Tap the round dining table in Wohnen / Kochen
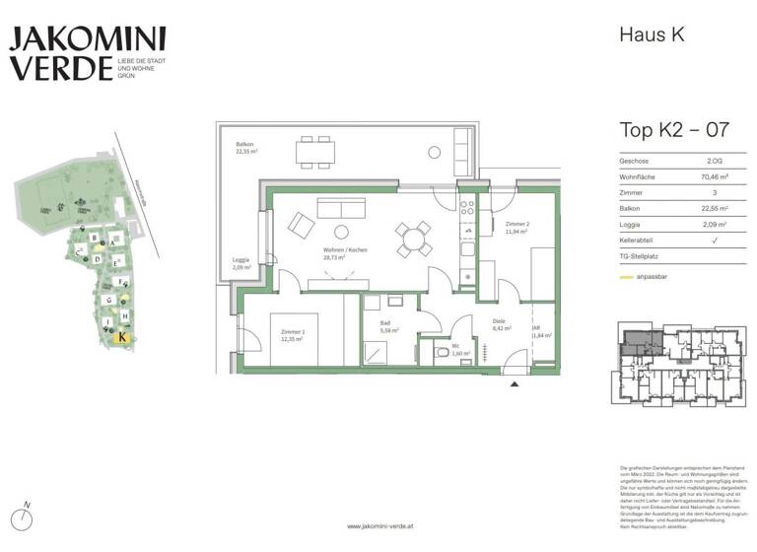coord(414,237)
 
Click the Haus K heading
coord(651,34)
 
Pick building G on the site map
coord(108,299)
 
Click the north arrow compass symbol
coord(27,517)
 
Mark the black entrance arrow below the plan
coord(514,384)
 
